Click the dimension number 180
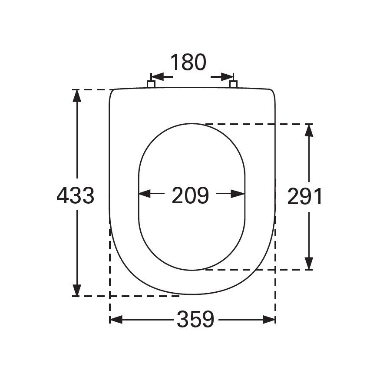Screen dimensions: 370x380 click(188, 63)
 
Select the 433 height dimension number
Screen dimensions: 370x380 click(75, 196)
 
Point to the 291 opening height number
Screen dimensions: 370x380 click(305, 197)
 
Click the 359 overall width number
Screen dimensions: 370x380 click(195, 320)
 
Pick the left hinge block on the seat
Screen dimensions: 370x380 click(152, 84)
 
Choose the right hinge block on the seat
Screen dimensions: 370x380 click(233, 84)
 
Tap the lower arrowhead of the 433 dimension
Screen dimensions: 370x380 click(77, 290)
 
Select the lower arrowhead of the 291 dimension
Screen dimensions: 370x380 click(309, 263)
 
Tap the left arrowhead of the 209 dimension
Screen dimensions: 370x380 click(145, 194)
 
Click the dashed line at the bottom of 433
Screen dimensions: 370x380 click(130, 296)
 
